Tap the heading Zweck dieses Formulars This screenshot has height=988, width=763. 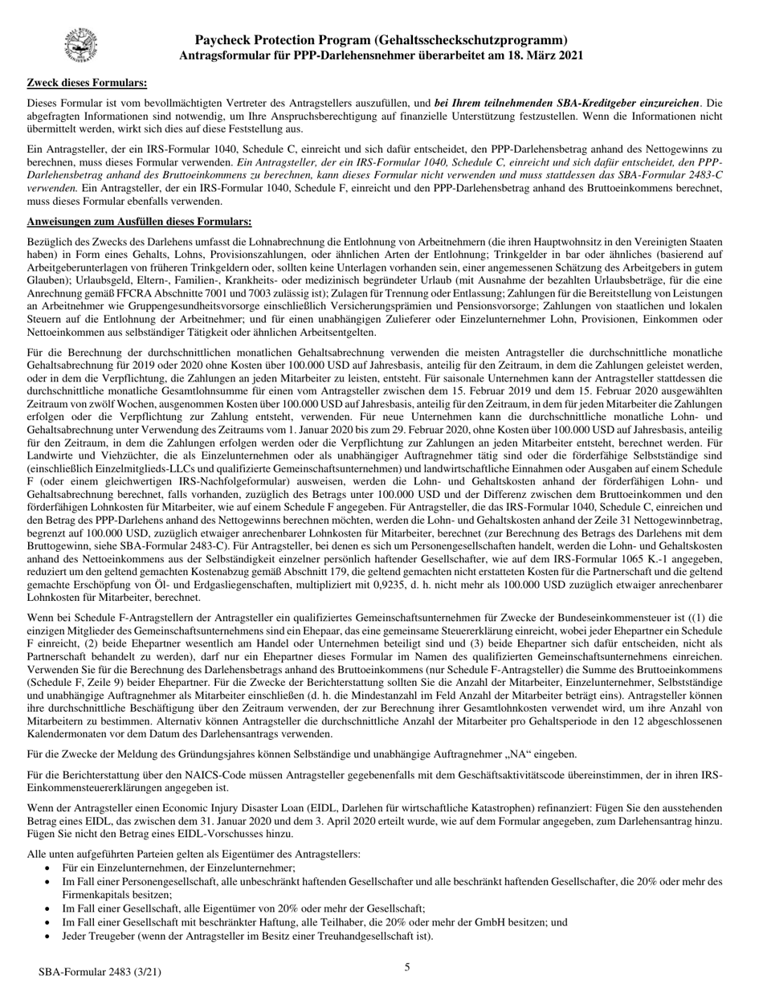pos(87,82)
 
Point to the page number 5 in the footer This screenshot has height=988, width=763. pos(406,967)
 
